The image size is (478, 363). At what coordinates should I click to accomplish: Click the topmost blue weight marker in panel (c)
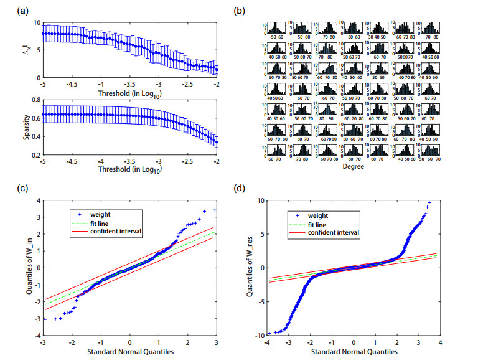215,210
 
